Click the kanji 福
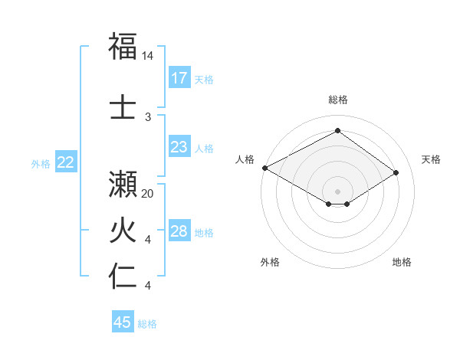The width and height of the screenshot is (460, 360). coord(123,47)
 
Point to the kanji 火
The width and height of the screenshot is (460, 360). coord(123,231)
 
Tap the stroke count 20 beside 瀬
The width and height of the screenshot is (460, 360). coord(148,194)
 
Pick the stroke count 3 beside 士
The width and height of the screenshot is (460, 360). coord(148,116)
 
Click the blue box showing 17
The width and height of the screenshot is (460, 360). coord(179,78)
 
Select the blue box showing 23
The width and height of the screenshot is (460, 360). coord(179,147)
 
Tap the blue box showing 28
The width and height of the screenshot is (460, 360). coord(179,232)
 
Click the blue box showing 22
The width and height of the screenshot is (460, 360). coord(66,162)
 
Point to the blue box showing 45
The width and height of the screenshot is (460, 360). coord(123,322)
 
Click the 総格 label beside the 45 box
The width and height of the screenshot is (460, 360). coord(147,324)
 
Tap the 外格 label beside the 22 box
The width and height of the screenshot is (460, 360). coord(41,163)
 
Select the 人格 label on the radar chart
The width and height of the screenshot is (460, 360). coord(245,159)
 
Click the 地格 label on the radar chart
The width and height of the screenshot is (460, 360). coord(402,262)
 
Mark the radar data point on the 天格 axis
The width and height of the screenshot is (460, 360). coord(396,173)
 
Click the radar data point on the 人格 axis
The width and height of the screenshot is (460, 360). coord(264,167)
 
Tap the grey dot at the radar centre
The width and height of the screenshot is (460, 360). coord(337,190)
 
